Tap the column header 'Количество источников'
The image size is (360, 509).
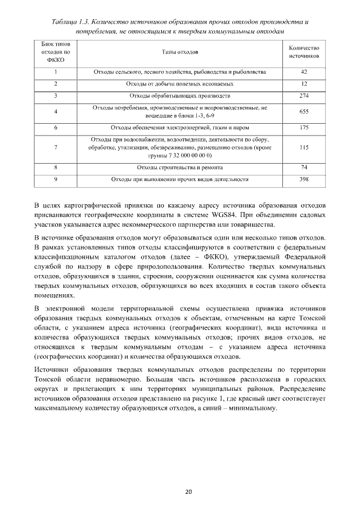[x=304, y=52]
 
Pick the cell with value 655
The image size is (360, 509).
[x=304, y=111]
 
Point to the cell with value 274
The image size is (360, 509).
[x=304, y=96]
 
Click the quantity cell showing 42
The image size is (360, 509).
[x=304, y=72]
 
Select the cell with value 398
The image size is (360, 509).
[x=304, y=179]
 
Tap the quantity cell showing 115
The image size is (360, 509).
[x=304, y=147]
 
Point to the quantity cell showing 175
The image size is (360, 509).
[x=304, y=128]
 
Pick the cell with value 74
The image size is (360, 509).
[x=304, y=168]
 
